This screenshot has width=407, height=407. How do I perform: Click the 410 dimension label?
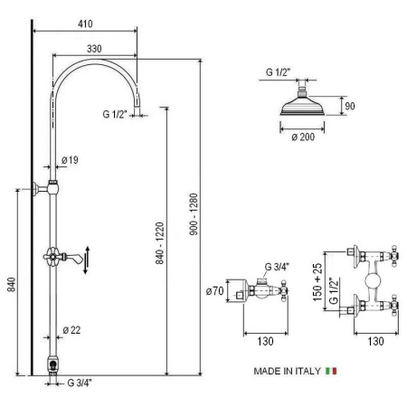(85, 24)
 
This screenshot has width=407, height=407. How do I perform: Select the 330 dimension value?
(94, 49)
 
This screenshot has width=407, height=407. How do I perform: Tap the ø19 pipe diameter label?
(70, 160)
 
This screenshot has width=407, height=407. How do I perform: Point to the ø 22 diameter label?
(71, 330)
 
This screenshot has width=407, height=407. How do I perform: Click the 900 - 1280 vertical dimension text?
(194, 214)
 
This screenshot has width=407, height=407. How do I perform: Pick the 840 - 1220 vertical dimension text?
(159, 243)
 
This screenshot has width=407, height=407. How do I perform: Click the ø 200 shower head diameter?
(303, 137)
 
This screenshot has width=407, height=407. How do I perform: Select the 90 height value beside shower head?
(350, 106)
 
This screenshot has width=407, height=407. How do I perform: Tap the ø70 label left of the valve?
(214, 291)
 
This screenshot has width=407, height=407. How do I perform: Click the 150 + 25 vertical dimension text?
(317, 282)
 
